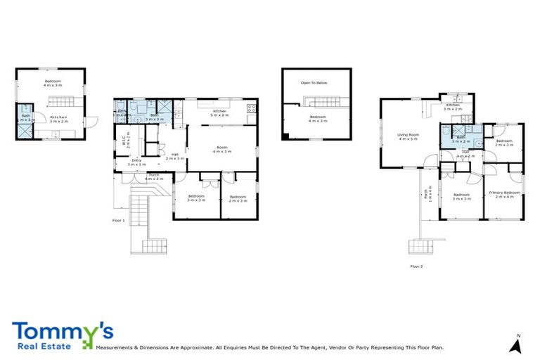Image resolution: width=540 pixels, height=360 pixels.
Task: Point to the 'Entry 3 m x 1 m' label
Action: tap(136, 162)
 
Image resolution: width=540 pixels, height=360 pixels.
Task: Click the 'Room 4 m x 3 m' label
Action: tap(221, 149)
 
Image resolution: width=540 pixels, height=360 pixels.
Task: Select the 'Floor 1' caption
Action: tap(119, 221)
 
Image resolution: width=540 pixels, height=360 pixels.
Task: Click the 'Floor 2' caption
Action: tap(417, 266)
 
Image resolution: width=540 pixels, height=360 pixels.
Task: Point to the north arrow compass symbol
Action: tap(515, 345)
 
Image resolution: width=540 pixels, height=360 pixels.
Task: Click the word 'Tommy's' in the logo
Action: tap(62, 331)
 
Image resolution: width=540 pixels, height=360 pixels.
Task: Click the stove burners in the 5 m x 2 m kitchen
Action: tap(251, 109)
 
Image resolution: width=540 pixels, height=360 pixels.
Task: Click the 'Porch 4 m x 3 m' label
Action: tap(153, 176)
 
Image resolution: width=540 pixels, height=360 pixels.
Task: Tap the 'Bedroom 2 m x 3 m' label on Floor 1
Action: tap(238, 198)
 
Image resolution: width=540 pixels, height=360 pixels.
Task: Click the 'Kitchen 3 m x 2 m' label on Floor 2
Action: tap(452, 107)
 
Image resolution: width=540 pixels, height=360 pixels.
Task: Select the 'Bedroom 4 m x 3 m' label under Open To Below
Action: tap(318, 118)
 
